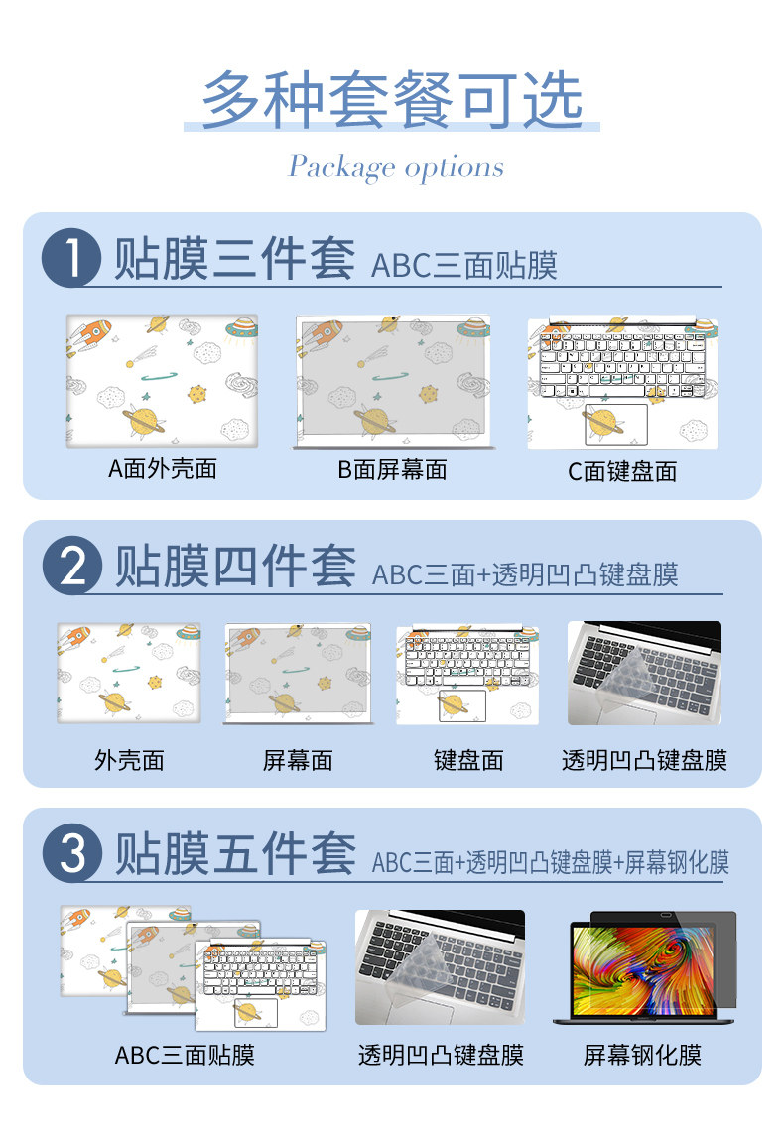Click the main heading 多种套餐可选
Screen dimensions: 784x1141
tap(392, 99)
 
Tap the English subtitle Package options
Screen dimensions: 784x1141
tap(396, 167)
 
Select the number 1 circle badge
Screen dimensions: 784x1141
tap(70, 258)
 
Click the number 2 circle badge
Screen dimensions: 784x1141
tap(72, 566)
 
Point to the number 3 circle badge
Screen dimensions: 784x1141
tap(72, 853)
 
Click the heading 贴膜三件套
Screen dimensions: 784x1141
tap(234, 258)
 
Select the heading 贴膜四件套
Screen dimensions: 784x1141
tap(235, 566)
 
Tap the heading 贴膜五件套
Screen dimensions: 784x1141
tap(235, 853)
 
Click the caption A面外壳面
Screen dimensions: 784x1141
tap(163, 469)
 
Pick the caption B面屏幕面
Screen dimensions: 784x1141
tap(392, 470)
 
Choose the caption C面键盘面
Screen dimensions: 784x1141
tap(622, 471)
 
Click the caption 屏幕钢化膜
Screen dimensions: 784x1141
tap(642, 1055)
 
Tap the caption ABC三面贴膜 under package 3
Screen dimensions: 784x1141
tap(185, 1055)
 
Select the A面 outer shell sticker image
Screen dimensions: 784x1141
tap(163, 381)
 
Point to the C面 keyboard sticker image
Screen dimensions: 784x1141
tap(622, 383)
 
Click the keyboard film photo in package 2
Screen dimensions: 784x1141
tap(644, 673)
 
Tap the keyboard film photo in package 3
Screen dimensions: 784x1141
tap(440, 967)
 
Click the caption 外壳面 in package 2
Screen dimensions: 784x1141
tap(129, 760)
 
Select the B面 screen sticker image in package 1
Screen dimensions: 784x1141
tap(393, 382)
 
